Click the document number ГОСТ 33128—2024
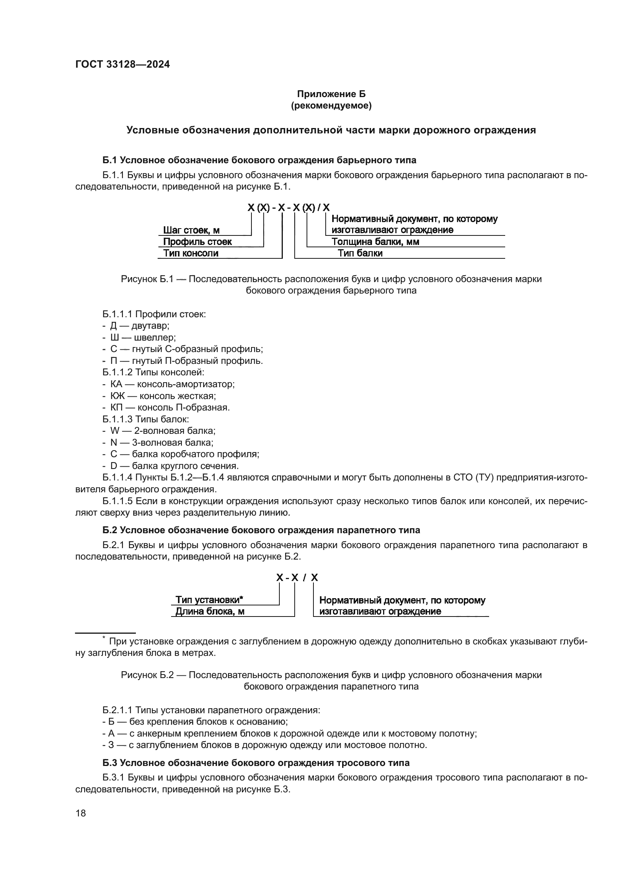(x=122, y=64)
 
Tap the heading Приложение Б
(x=331, y=94)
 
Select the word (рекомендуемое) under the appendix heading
(x=331, y=105)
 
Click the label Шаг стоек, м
(x=191, y=230)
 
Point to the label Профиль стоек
(x=197, y=242)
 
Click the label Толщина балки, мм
(x=375, y=242)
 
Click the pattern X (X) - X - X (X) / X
(x=289, y=208)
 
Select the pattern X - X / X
(x=297, y=578)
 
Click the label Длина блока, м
(x=210, y=611)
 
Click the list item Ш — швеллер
(x=143, y=337)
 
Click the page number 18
(x=81, y=813)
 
